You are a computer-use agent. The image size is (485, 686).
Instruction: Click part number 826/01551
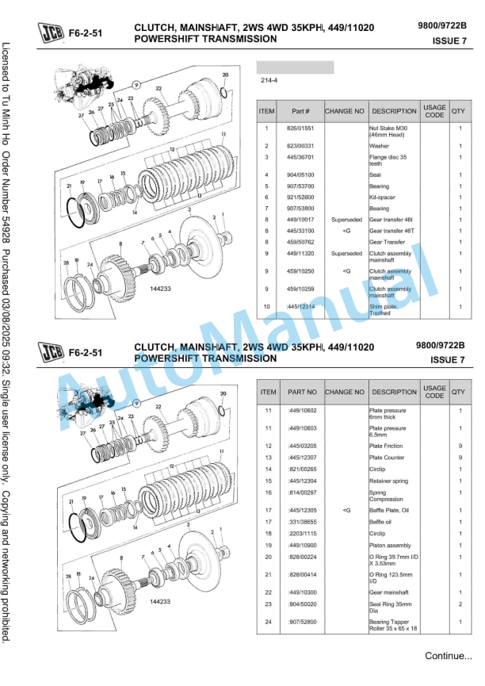[300, 128]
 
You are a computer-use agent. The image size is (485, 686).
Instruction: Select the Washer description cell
[380, 146]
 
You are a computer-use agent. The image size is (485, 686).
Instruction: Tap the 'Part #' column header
[300, 112]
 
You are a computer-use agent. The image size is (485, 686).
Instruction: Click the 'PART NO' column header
[301, 392]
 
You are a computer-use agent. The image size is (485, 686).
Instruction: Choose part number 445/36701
[300, 157]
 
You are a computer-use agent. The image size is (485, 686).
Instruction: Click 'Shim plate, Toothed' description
[386, 309]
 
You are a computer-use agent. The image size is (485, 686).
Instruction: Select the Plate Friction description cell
[386, 446]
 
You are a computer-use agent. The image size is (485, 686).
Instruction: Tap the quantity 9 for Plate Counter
[460, 458]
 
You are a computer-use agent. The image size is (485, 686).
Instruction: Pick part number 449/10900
[302, 546]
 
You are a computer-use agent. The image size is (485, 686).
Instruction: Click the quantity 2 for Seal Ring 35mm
[460, 604]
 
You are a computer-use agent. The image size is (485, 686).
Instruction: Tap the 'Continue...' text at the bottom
[449, 656]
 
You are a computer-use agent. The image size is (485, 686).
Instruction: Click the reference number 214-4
[269, 80]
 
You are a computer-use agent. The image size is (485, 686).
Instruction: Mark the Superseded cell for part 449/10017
[346, 220]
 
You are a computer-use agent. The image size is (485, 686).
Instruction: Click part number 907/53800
[300, 209]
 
